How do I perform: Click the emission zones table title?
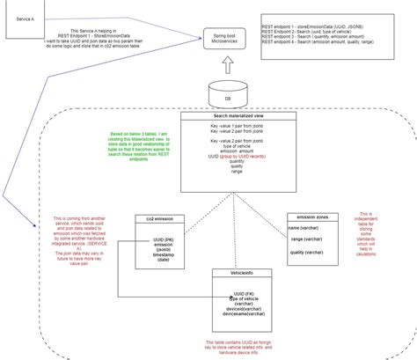point(312,216)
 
